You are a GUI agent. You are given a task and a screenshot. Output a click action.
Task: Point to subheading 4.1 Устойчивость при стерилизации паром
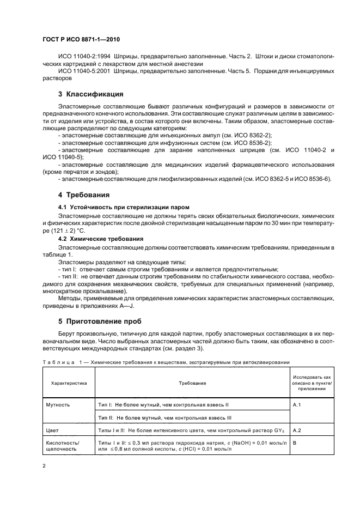tap(124, 208)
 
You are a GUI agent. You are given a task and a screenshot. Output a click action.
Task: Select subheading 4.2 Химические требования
tap(101, 239)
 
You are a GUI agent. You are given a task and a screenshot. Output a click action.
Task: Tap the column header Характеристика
tap(69, 383)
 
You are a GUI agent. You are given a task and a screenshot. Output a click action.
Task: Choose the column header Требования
tap(192, 383)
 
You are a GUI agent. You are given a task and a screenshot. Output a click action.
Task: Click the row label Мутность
tap(62, 405)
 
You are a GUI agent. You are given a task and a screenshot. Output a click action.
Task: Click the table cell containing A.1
tap(298, 405)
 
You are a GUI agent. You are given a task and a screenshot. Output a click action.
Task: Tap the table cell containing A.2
tap(298, 430)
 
